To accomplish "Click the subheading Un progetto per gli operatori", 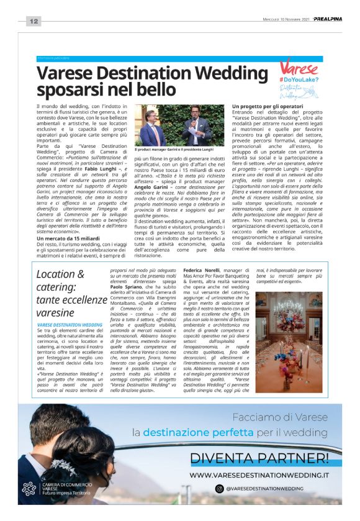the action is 268,107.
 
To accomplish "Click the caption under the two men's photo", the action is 173,150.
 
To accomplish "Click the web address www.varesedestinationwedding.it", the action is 259,475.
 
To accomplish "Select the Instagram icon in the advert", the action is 219,489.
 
